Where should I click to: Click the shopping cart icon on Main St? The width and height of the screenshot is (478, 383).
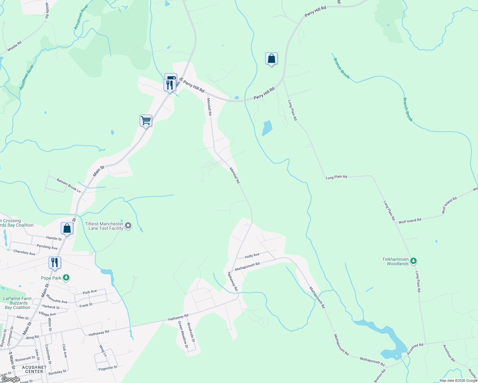[x=146, y=121]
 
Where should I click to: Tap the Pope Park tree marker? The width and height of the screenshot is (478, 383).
[x=66, y=278]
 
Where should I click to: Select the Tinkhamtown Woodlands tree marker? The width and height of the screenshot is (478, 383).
[x=413, y=261]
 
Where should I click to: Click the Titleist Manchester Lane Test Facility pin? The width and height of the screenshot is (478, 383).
[x=128, y=226]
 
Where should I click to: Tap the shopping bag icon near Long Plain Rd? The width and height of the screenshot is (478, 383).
[x=271, y=59]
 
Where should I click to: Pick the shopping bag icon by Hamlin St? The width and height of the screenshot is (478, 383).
[x=67, y=229]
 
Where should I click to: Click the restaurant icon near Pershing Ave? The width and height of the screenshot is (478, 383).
[x=55, y=263]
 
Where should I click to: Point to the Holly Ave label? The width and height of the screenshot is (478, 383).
[x=252, y=256]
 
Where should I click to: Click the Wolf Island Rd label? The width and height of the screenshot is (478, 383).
[x=410, y=220]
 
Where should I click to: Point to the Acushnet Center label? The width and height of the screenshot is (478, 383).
[x=34, y=370]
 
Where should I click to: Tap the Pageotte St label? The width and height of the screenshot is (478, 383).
[x=108, y=368]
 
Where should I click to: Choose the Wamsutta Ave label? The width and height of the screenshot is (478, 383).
[x=57, y=299]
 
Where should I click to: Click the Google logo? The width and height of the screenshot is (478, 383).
[x=11, y=379]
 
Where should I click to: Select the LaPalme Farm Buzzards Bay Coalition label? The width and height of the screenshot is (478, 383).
[x=18, y=303]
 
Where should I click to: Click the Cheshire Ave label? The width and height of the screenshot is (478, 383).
[x=24, y=252]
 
